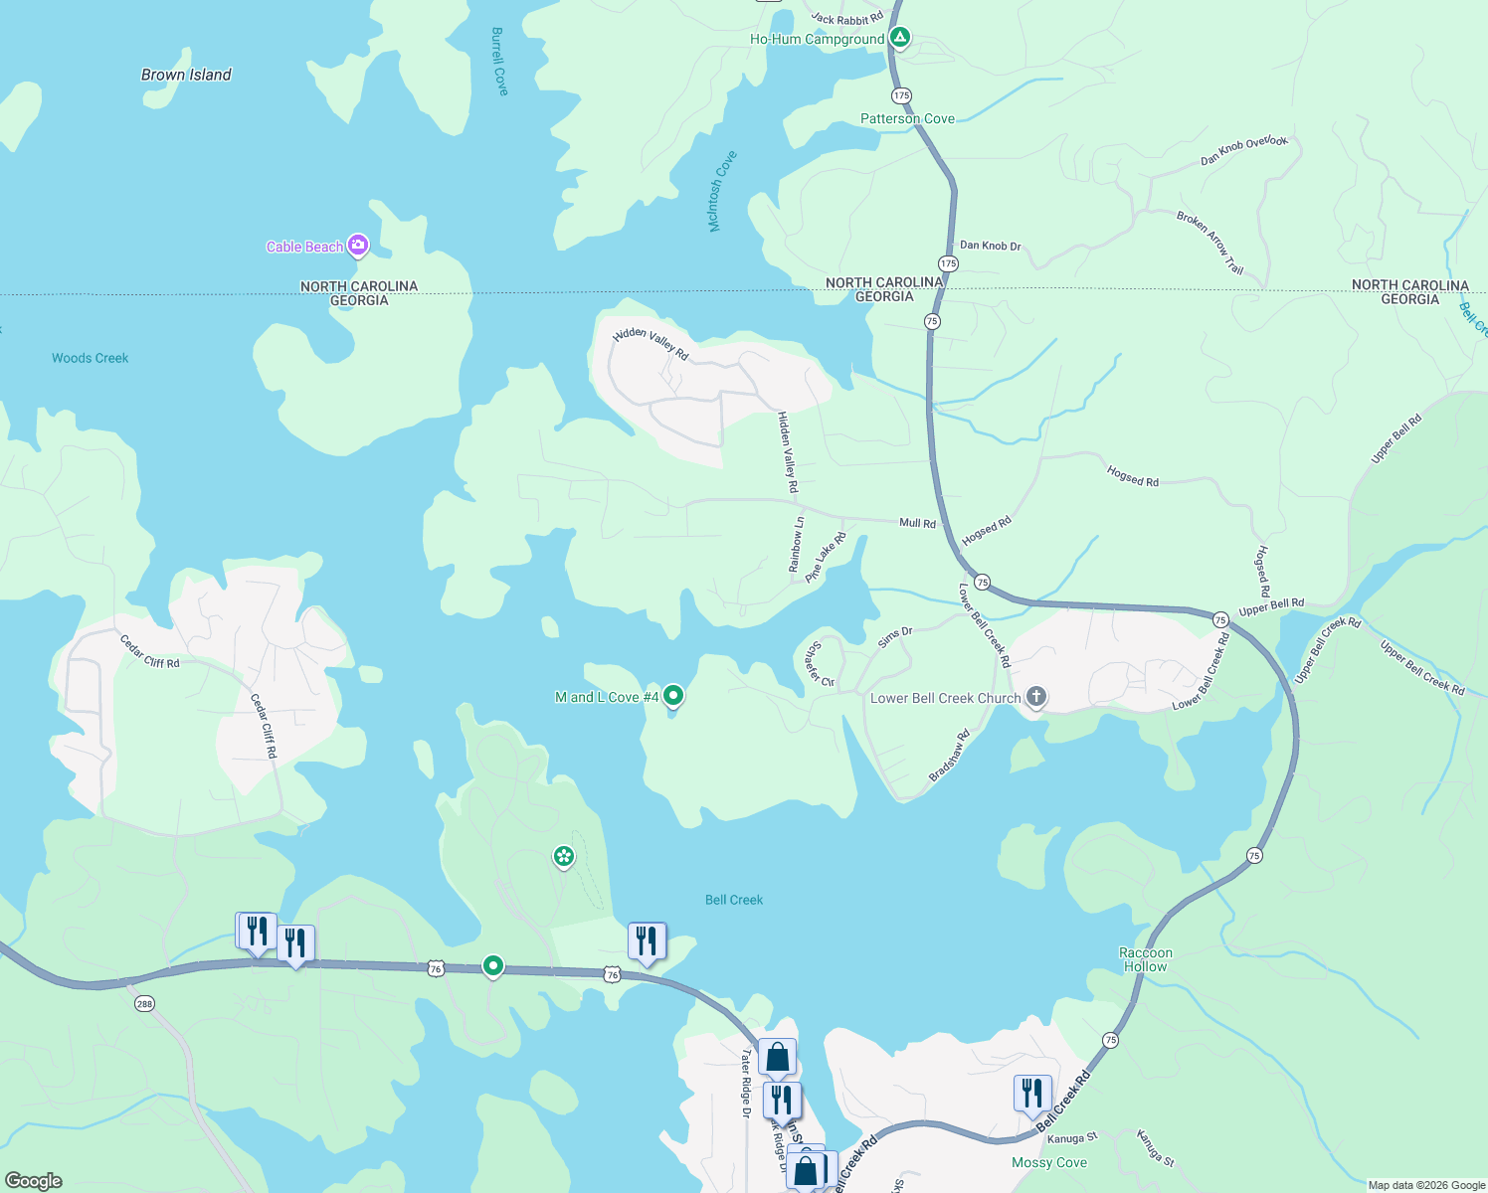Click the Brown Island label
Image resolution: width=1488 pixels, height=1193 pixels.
coord(186,75)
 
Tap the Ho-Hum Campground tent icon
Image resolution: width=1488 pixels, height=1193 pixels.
coord(899,38)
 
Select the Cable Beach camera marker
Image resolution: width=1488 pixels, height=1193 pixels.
coord(358,245)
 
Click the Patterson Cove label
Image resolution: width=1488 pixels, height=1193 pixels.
coord(907,118)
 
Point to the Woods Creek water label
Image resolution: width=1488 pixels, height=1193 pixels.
coord(90,358)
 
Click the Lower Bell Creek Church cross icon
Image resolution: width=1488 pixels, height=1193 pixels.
coord(1035,696)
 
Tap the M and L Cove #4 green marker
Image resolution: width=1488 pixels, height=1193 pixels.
coord(673,695)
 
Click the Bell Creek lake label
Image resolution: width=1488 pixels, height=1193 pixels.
coord(734,900)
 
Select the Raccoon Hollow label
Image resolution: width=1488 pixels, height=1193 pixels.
coord(1146,959)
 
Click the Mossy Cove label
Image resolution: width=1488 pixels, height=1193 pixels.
coord(1049,1162)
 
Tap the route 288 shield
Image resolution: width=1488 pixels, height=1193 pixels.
coord(144,1003)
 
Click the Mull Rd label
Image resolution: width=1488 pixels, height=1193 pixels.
coord(917,523)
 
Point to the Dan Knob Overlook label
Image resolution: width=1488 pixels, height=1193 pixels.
coord(1243,150)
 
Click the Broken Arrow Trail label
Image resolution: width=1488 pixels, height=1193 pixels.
coord(1210,242)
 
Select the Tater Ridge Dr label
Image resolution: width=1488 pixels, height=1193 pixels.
coord(746,1084)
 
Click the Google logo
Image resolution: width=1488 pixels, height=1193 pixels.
coord(33,1180)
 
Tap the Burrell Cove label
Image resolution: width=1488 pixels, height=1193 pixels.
coord(499,62)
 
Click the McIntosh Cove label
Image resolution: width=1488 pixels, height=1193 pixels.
coord(722,191)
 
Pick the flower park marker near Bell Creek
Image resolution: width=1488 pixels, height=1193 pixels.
coord(564,856)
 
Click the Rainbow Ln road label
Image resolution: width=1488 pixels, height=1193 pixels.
coord(796,545)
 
